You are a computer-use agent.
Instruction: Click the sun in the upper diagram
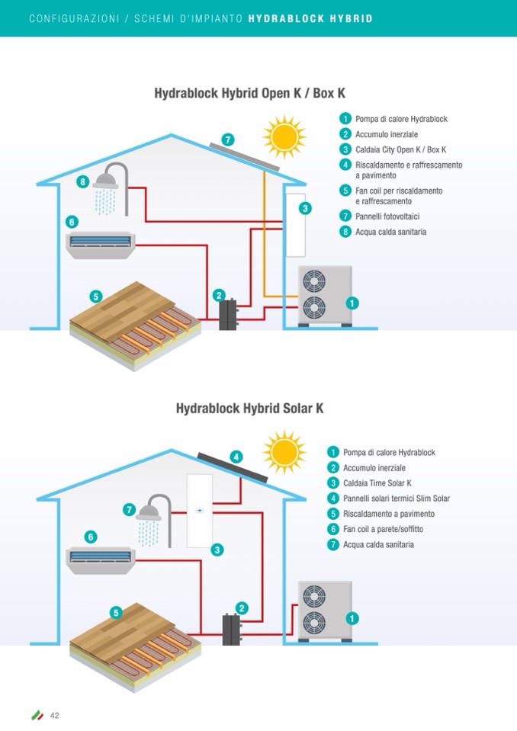pyautogui.click(x=284, y=136)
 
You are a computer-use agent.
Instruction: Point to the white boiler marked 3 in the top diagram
pyautogui.click(x=294, y=226)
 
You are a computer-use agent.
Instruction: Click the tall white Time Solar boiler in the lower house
pyautogui.click(x=200, y=511)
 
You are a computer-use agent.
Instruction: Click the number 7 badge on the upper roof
pyautogui.click(x=227, y=139)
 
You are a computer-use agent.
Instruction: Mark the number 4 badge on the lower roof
pyautogui.click(x=236, y=457)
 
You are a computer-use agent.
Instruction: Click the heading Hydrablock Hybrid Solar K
pyautogui.click(x=249, y=409)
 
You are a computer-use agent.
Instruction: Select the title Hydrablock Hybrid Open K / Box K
pyautogui.click(x=250, y=93)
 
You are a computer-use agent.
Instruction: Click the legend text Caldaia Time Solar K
pyautogui.click(x=377, y=483)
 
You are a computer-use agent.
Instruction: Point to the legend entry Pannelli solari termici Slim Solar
pyautogui.click(x=396, y=499)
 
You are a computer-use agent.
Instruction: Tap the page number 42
pyautogui.click(x=55, y=715)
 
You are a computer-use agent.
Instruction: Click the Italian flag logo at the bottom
pyautogui.click(x=37, y=715)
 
